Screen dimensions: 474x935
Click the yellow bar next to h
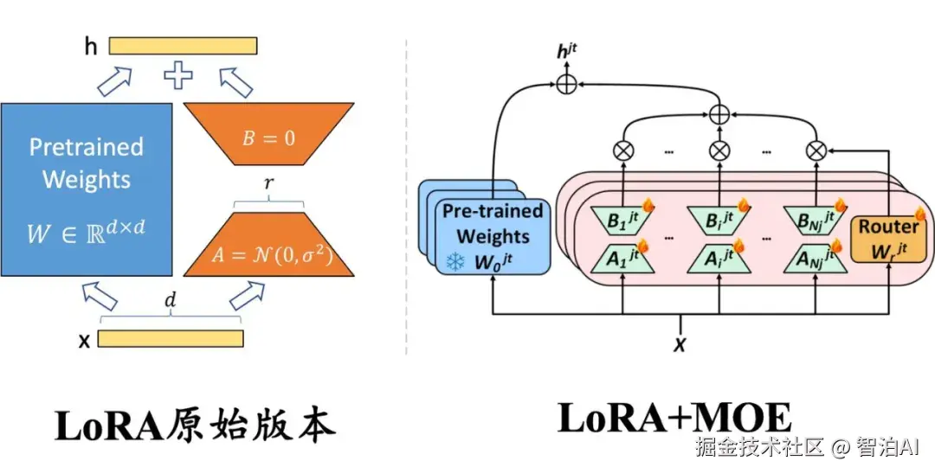[x=183, y=46]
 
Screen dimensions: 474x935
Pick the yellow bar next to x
[x=170, y=338]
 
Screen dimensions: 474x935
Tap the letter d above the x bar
[x=170, y=304]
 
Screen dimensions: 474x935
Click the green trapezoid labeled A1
[x=623, y=257]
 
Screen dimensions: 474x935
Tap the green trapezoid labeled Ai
[x=719, y=257]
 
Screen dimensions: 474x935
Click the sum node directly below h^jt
[x=566, y=84]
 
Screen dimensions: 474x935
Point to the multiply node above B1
[x=623, y=150]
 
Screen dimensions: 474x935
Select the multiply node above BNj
[x=814, y=150]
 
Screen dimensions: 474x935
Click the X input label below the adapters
[x=680, y=344]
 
